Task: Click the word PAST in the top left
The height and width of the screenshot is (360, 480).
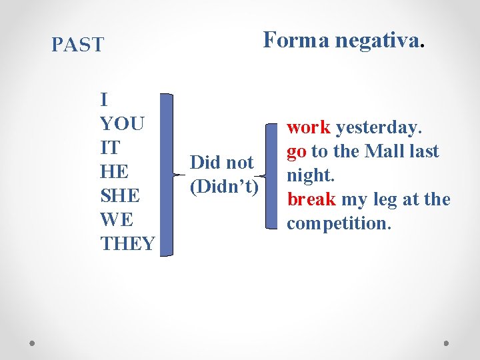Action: [x=78, y=45]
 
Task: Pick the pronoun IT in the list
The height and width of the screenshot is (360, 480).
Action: [x=109, y=148]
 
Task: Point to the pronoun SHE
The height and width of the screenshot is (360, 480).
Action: [x=121, y=196]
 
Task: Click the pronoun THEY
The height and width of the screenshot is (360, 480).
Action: [x=128, y=244]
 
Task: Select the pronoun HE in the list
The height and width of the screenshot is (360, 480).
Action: [x=114, y=172]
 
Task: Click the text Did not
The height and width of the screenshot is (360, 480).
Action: [x=221, y=163]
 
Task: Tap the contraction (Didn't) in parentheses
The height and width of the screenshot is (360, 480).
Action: [x=224, y=187]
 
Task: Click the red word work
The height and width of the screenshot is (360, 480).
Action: [x=309, y=127]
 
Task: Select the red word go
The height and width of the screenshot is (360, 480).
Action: [x=297, y=151]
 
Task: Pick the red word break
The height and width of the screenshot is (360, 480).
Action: [x=311, y=199]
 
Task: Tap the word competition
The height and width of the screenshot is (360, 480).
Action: [x=338, y=223]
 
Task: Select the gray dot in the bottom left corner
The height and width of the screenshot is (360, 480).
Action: [x=33, y=343]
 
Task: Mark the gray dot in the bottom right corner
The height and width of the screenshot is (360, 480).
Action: [x=446, y=343]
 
